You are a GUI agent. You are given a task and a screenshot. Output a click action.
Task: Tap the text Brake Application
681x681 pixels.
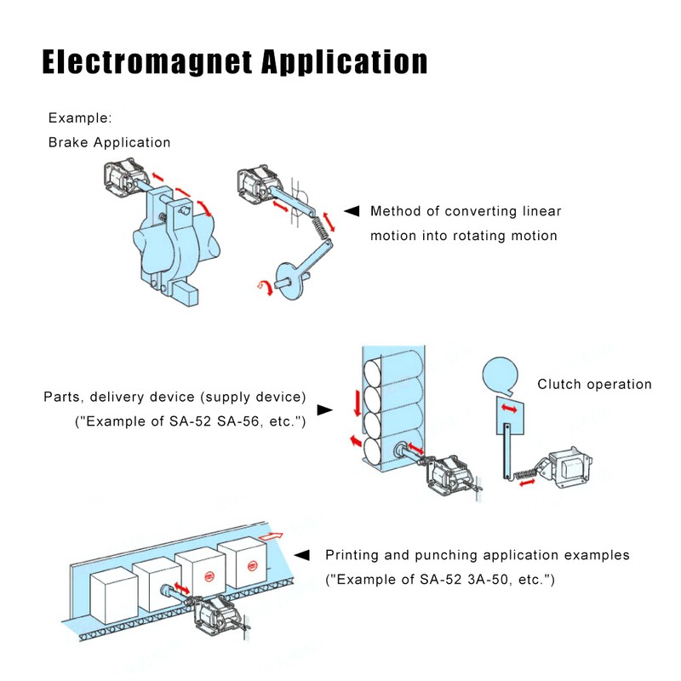click(x=109, y=142)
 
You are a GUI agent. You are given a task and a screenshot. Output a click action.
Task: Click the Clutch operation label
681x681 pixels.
click(x=594, y=384)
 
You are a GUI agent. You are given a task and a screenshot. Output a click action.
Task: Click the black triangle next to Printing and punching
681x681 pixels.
click(x=302, y=555)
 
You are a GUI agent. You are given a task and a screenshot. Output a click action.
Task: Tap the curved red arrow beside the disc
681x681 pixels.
click(x=266, y=289)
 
